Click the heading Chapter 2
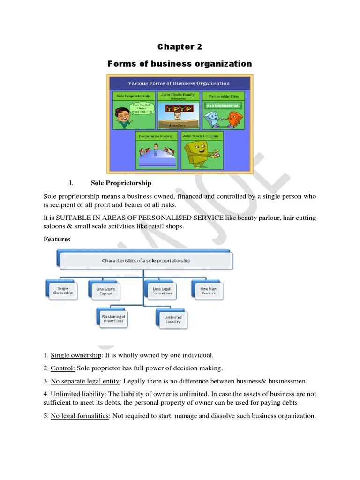click(180, 46)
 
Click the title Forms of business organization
click(180, 64)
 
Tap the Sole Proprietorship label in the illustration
click(134, 96)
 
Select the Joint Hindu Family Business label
click(178, 97)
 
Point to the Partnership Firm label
click(224, 96)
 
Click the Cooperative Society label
click(157, 136)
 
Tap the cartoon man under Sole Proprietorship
click(123, 116)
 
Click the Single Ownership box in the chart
click(62, 291)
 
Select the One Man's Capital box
click(105, 291)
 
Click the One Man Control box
click(208, 291)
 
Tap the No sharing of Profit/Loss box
click(113, 319)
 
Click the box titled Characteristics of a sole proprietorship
click(146, 261)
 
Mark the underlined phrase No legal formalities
click(79, 416)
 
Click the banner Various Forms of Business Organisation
click(179, 83)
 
